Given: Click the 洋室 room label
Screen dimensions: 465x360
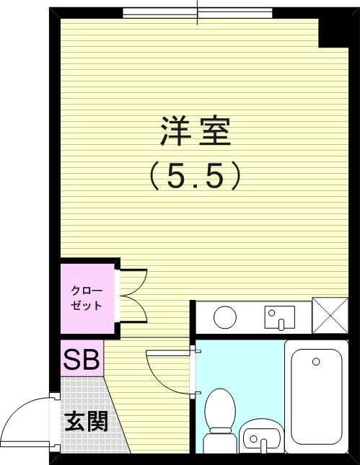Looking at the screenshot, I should (x=194, y=133).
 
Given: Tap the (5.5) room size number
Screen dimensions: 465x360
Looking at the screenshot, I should (x=194, y=177).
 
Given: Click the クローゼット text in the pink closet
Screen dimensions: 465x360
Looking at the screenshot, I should (x=86, y=298).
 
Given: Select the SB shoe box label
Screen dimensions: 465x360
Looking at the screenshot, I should (x=82, y=359).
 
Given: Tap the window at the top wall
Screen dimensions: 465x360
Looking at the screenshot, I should (x=197, y=13).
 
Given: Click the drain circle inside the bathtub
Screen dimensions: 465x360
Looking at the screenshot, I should (x=315, y=360).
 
